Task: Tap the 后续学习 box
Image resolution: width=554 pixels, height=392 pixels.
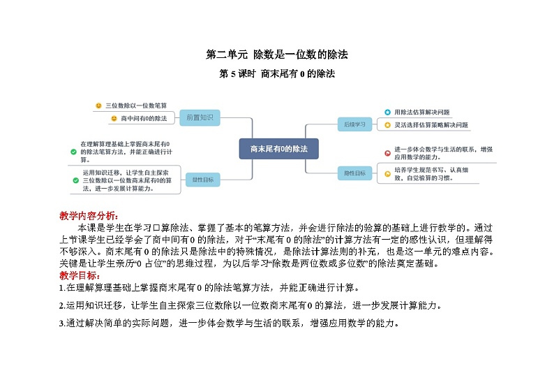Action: [355, 124]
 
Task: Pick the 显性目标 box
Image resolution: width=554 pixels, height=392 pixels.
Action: [203, 180]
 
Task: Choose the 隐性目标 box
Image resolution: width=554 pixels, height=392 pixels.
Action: [355, 173]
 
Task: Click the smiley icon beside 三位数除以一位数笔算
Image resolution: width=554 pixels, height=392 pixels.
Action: [98, 106]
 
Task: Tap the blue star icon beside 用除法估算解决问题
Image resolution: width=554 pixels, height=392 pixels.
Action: [387, 112]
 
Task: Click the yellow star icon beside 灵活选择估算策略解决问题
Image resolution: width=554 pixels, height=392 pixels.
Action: [387, 125]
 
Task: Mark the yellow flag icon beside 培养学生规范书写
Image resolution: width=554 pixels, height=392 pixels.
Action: [387, 173]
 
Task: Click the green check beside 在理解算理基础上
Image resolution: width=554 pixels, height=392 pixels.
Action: [74, 151]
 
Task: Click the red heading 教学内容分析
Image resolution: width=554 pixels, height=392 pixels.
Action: [89, 215]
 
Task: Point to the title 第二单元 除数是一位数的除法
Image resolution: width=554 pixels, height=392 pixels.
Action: [276, 55]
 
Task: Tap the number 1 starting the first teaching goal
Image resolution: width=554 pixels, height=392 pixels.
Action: [62, 287]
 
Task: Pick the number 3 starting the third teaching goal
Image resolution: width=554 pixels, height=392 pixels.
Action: [62, 324]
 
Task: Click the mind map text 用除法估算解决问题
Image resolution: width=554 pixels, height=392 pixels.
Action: [422, 112]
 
